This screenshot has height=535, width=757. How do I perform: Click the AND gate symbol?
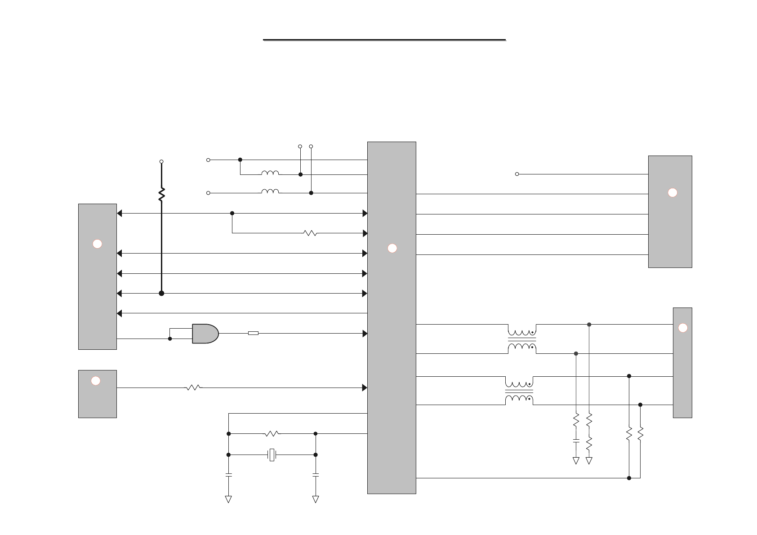205,334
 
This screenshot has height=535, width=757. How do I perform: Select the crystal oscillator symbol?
272,455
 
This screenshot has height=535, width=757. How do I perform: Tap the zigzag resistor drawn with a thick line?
161,194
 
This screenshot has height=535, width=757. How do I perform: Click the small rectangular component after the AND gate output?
253,333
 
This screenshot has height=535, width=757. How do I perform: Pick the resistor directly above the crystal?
272,434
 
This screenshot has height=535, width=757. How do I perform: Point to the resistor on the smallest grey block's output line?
193,388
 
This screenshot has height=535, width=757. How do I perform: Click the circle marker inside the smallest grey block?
95,381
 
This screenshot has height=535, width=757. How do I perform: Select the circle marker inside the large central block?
392,248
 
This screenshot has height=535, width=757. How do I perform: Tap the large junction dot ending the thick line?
161,294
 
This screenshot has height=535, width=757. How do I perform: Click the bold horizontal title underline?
384,40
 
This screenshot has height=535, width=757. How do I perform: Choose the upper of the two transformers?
522,340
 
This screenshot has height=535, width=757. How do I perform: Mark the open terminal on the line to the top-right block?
517,174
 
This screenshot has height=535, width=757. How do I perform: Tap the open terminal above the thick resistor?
161,161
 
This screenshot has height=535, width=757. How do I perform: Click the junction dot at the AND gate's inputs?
170,339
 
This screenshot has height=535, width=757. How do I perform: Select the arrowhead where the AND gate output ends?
365,334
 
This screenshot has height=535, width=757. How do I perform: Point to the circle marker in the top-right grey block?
672,192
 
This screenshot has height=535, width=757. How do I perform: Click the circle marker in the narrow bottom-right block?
682,328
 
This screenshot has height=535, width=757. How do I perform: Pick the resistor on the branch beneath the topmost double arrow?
310,233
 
